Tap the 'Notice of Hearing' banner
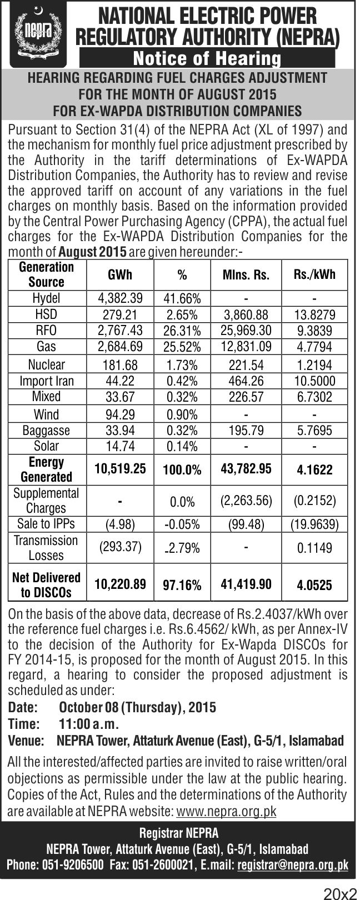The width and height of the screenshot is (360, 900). pos(207,58)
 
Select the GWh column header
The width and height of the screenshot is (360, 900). pos(120,275)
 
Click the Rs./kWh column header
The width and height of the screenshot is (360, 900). pos(314,275)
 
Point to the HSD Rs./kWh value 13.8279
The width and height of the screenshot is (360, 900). pos(314,315)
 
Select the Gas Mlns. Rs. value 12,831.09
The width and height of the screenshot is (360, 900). pos(247,347)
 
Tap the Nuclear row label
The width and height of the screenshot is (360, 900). pos(46,365)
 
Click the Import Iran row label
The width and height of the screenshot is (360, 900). pos(46,381)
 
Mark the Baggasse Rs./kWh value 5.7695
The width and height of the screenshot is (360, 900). pos(314,431)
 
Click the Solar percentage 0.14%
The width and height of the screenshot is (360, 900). pos(182,447)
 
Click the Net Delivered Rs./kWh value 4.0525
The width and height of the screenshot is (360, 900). pos(314,585)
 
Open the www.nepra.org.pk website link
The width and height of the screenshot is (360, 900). pos(226,812)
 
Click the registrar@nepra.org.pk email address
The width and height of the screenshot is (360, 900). pos(293,865)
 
